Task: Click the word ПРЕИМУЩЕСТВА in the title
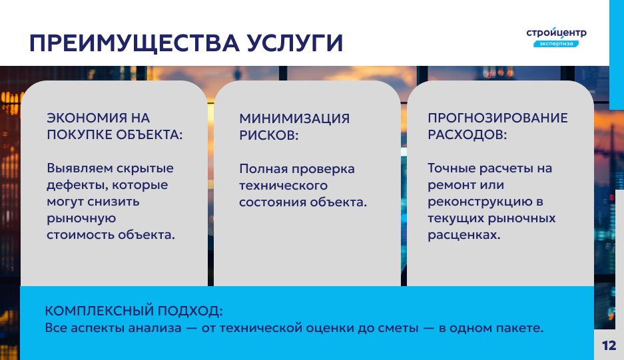point(135,43)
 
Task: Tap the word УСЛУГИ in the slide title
point(294,43)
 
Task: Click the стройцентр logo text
point(556,33)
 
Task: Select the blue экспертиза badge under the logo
point(556,43)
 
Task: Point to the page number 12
point(609,345)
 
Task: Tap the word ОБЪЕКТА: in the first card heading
point(149,134)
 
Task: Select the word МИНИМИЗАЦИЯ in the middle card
point(294,118)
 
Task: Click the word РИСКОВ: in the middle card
point(268,135)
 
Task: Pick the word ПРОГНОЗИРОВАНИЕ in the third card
point(498,118)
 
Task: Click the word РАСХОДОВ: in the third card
point(468,134)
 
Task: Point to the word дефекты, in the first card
point(78,185)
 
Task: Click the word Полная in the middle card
point(264,169)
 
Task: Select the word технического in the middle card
point(283,186)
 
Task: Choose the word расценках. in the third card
point(464,235)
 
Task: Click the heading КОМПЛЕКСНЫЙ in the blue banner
point(99,311)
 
